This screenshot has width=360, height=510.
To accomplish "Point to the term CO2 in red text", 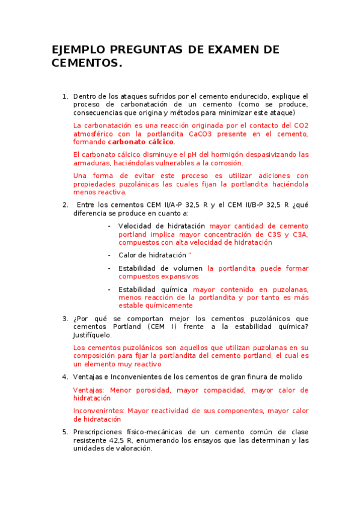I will pyautogui.click(x=301, y=125).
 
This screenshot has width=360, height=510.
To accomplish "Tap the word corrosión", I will pyautogui.click(x=225, y=162).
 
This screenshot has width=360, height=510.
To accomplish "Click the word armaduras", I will pyautogui.click(x=91, y=162).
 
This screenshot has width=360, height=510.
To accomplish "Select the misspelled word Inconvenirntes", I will pyautogui.click(x=99, y=411).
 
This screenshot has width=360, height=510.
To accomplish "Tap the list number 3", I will pyautogui.click(x=65, y=318).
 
